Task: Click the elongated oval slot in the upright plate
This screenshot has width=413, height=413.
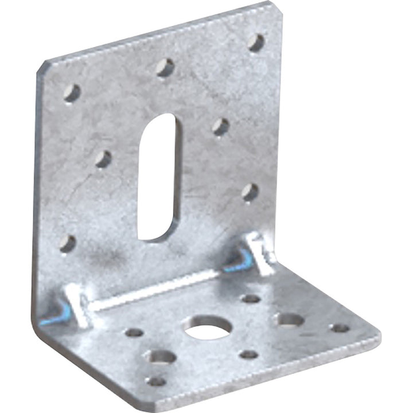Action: [158, 177]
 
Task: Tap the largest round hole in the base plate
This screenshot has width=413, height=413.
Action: [208, 328]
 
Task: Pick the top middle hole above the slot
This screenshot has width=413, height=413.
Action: [165, 68]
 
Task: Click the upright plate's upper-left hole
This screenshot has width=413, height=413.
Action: [72, 93]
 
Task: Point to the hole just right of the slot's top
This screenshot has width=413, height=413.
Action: [221, 126]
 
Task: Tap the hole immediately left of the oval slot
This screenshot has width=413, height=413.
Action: [104, 159]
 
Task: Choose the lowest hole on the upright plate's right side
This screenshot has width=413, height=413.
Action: [250, 192]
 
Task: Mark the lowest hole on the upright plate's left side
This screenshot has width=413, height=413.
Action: [68, 244]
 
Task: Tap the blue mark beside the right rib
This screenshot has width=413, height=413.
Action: [238, 264]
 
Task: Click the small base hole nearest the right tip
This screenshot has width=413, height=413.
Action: [340, 328]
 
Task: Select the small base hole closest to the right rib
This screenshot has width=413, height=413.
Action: [251, 298]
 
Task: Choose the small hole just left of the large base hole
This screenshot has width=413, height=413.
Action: [134, 332]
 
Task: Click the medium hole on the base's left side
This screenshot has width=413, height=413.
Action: [160, 357]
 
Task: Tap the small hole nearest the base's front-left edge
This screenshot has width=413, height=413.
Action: [155, 381]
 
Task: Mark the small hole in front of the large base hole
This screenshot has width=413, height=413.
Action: [248, 354]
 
